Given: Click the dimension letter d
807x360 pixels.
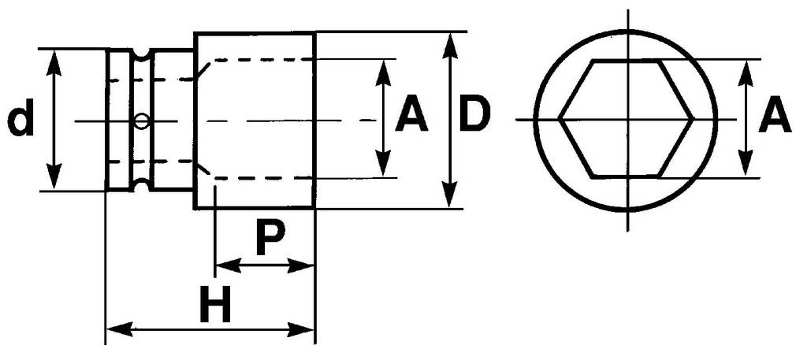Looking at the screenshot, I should [x=22, y=121].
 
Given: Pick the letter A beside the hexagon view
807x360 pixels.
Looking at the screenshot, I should [x=775, y=119].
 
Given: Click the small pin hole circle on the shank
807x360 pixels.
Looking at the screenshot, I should [x=141, y=121].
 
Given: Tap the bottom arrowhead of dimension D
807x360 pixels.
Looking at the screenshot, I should [x=449, y=199].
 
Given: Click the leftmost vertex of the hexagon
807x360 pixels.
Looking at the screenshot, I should [x=560, y=119].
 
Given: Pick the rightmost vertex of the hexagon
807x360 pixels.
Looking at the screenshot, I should [x=693, y=119].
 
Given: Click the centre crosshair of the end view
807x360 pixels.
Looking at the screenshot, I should [x=628, y=119].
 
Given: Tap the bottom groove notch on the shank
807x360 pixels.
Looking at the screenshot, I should [x=142, y=186].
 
